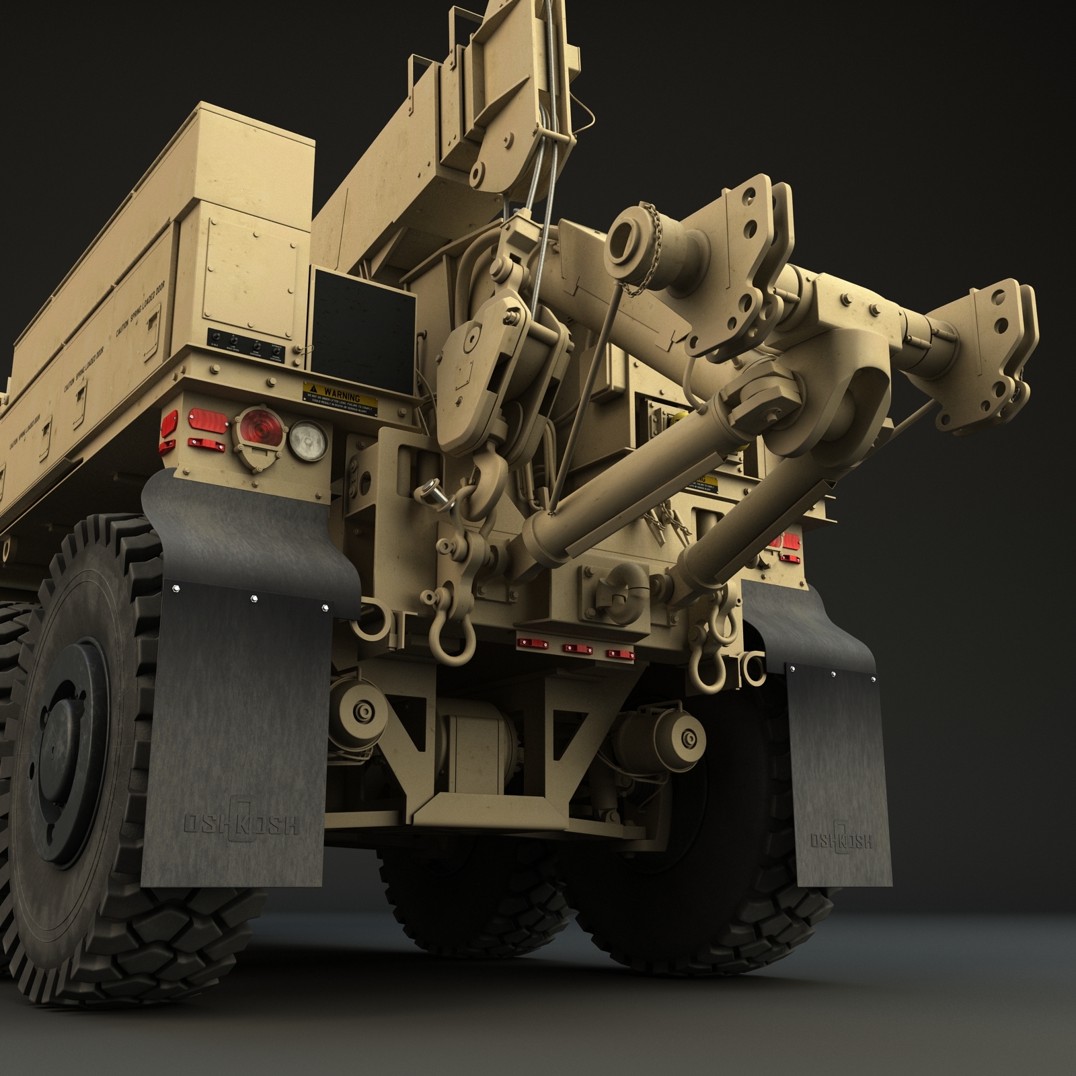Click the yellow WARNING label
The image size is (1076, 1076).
[340, 398]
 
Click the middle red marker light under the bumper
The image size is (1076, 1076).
[574, 648]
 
